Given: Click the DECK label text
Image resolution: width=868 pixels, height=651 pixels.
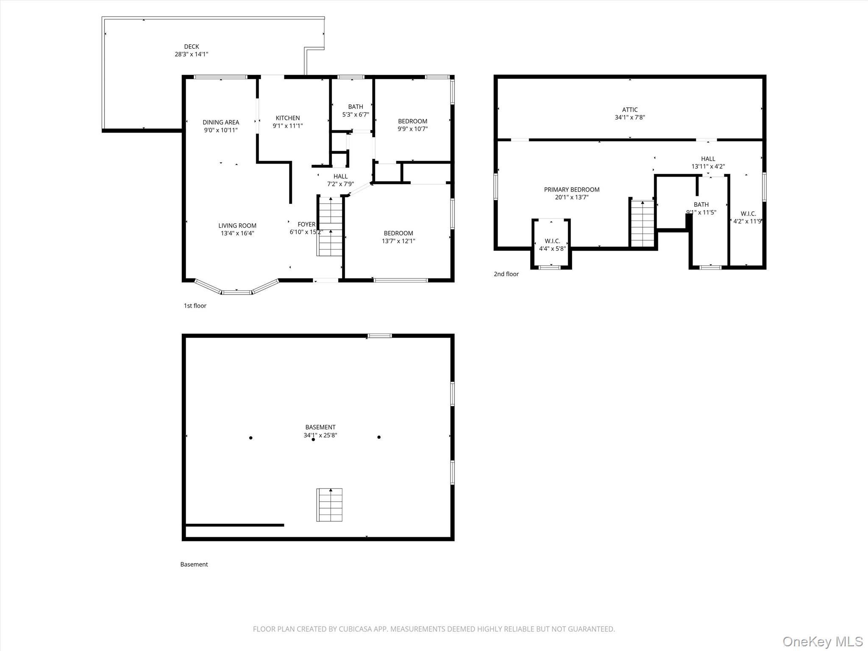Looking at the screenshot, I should pyautogui.click(x=191, y=47).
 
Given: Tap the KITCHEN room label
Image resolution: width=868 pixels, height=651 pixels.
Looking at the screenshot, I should pyautogui.click(x=288, y=118).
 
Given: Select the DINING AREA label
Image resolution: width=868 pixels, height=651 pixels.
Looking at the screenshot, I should pyautogui.click(x=220, y=122).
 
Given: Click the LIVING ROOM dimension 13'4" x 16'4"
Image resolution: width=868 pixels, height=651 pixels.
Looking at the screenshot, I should pyautogui.click(x=237, y=234).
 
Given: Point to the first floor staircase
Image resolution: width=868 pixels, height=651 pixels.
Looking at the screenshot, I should pyautogui.click(x=330, y=227).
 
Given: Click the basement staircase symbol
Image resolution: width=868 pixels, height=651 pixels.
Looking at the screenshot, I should pyautogui.click(x=329, y=505).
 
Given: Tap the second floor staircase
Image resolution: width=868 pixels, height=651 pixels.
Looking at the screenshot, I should pyautogui.click(x=643, y=223).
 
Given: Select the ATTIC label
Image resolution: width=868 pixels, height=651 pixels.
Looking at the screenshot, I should pyautogui.click(x=630, y=110).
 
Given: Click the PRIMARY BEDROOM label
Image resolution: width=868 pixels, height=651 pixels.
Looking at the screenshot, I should pyautogui.click(x=572, y=189).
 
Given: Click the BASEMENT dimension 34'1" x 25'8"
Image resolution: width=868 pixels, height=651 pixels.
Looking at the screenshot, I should pyautogui.click(x=320, y=435).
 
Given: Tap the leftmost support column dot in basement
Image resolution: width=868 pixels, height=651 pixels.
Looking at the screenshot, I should pyautogui.click(x=251, y=438).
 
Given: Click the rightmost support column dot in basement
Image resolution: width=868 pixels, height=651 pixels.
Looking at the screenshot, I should pyautogui.click(x=379, y=437).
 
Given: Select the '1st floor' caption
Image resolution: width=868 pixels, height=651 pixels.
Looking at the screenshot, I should pyautogui.click(x=195, y=306).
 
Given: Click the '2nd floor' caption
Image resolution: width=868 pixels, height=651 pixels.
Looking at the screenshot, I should pyautogui.click(x=506, y=274).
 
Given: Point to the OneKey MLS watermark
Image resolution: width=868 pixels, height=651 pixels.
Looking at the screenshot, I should pyautogui.click(x=823, y=641).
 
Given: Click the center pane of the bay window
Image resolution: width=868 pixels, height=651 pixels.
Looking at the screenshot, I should pyautogui.click(x=236, y=292).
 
